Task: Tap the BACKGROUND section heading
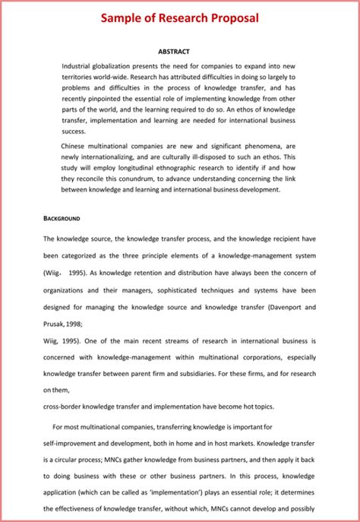pyautogui.click(x=62, y=218)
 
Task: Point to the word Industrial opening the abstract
pyautogui.click(x=80, y=66)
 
